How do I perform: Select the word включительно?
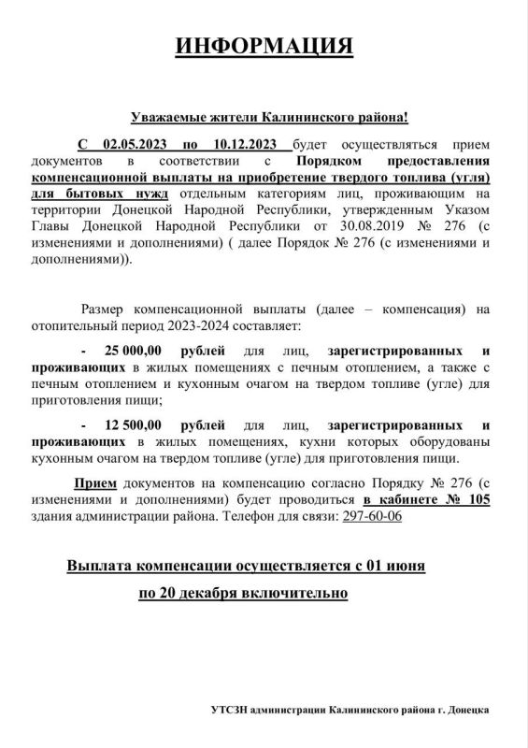(305, 593)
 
